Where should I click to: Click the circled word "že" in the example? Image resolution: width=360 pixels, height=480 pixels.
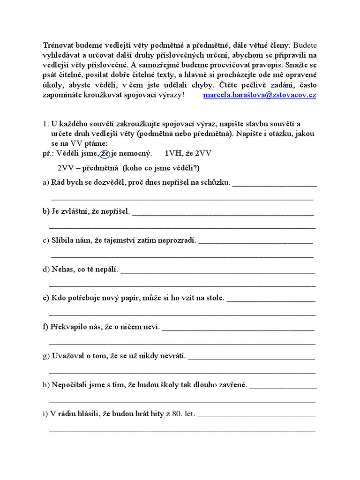click(105, 153)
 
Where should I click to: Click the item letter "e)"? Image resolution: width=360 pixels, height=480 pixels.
click(45, 298)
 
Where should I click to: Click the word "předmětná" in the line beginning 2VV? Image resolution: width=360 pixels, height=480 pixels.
click(98, 168)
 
